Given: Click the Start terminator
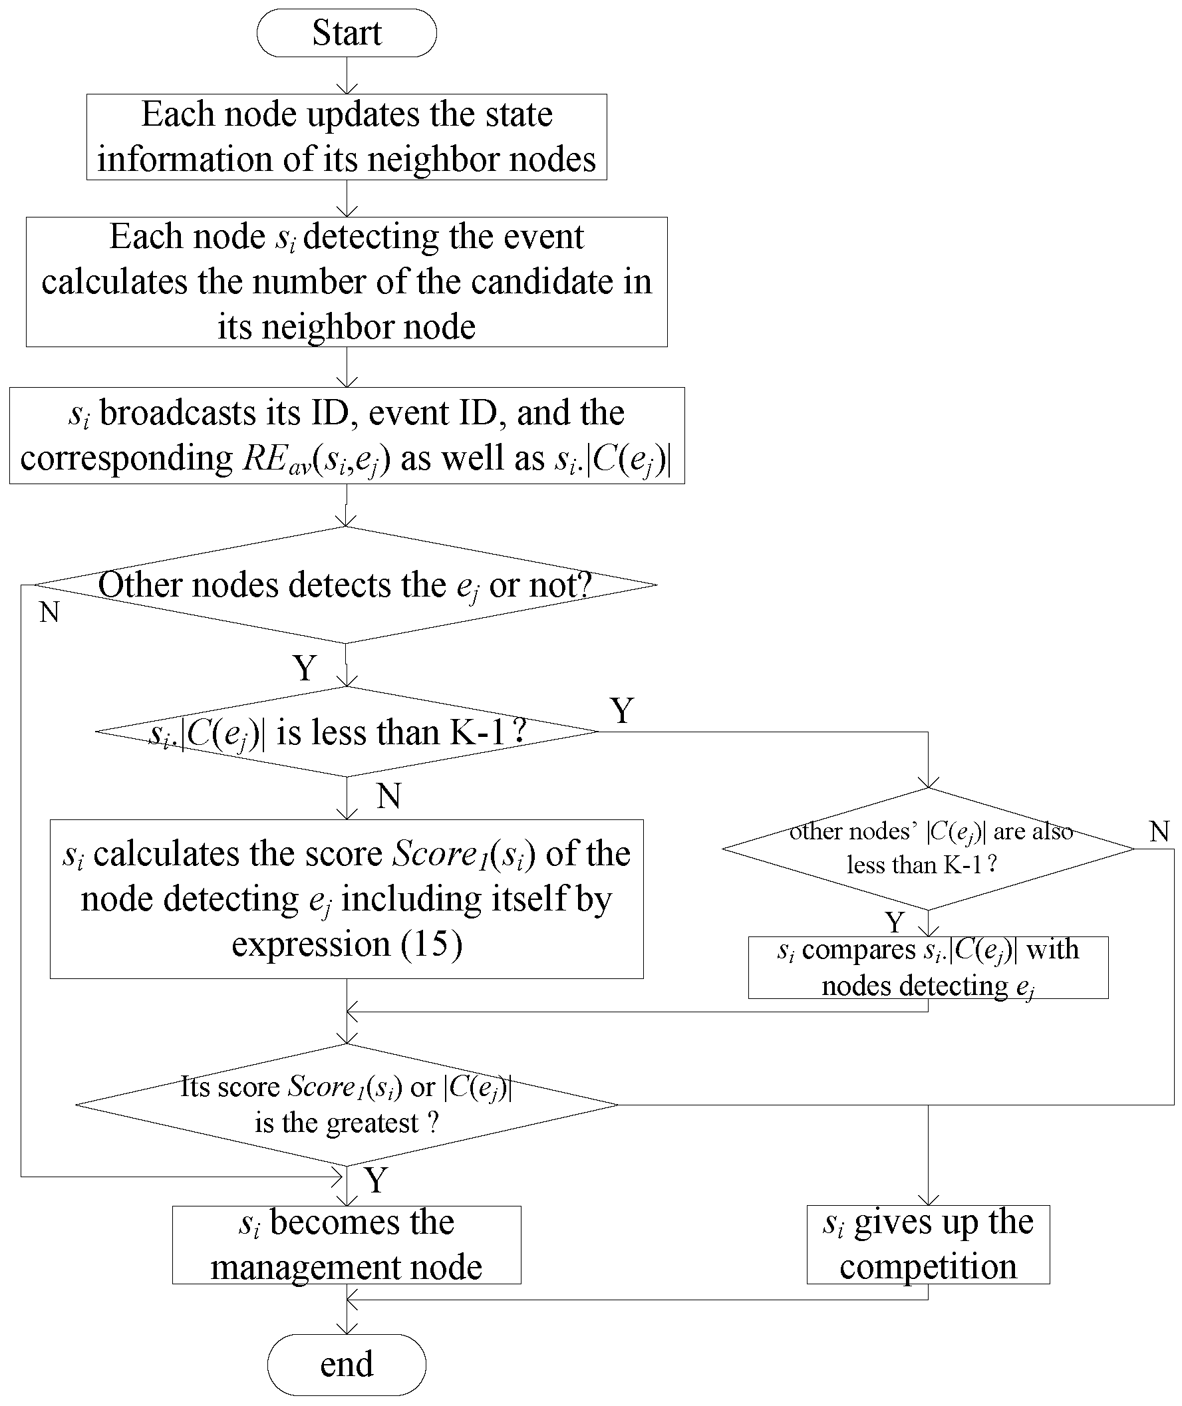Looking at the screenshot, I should [347, 33].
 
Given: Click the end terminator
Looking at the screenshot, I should [347, 1365].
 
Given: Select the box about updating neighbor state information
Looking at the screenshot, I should [347, 136].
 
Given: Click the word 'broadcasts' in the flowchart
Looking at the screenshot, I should [178, 412].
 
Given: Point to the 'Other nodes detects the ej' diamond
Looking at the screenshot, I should [345, 585].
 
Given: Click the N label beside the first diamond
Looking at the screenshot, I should [49, 612].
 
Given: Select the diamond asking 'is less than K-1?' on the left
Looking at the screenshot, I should [347, 732].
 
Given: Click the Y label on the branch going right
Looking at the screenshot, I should [622, 710].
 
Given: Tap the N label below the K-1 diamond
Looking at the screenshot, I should [389, 796].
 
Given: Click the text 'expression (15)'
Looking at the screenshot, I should [347, 944].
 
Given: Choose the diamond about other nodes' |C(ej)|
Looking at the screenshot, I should [928, 849].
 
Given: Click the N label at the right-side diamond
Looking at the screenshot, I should [1159, 831].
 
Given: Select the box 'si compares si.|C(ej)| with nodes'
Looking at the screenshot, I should [928, 967].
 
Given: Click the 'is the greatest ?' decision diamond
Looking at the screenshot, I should [347, 1105].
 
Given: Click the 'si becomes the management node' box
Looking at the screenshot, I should [347, 1244].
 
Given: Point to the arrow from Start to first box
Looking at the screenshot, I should [347, 75].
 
